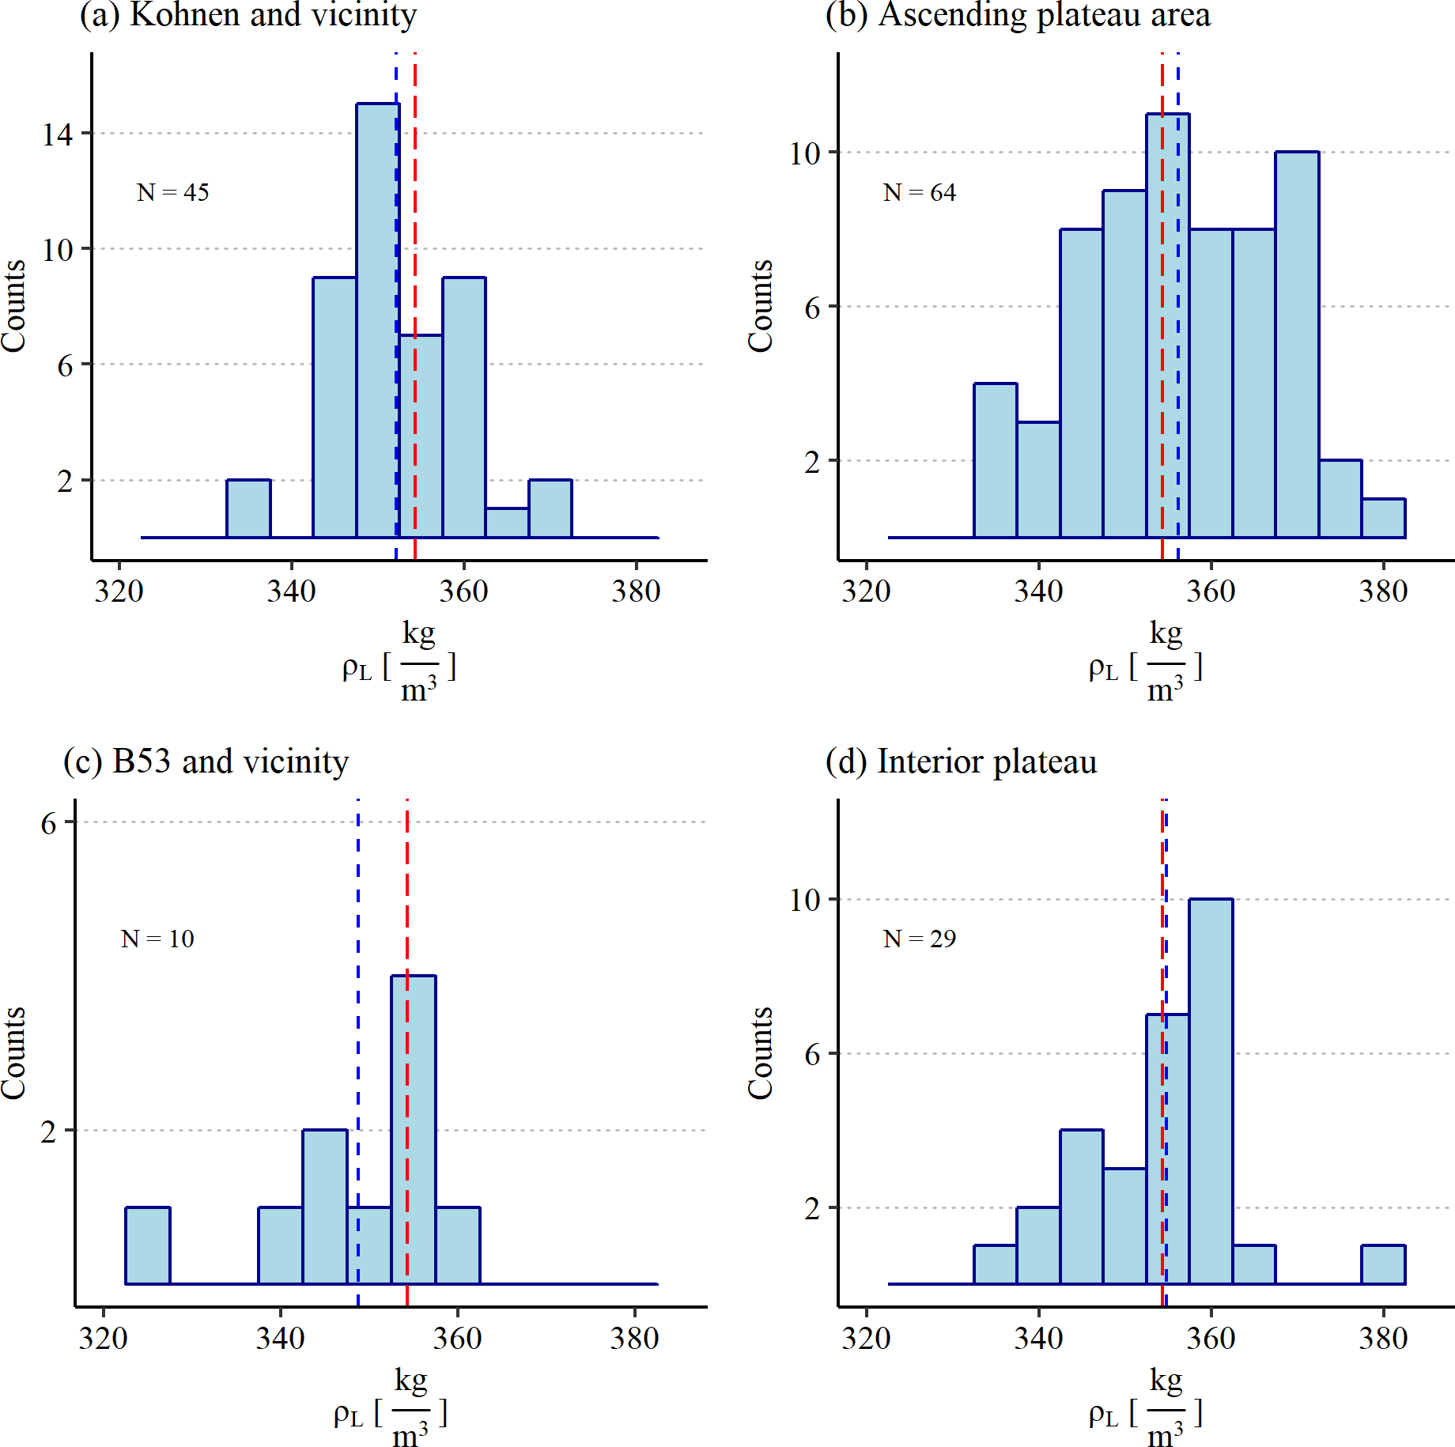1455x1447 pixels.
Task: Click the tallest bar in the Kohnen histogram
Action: point(376,316)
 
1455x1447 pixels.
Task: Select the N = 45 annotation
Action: point(172,192)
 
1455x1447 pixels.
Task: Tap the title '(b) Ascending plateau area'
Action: point(1018,14)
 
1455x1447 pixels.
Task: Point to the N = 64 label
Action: point(919,192)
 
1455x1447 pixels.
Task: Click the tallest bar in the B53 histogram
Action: point(413,1131)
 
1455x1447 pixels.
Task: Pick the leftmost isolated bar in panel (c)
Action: point(148,1245)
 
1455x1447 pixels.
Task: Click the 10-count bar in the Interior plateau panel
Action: point(1211,1091)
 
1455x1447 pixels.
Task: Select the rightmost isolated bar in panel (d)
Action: point(1383,1264)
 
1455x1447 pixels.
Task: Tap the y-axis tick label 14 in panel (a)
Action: point(57,134)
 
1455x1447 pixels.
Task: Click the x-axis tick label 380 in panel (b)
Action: point(1383,591)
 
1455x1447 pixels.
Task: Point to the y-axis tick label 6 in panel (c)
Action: point(49,823)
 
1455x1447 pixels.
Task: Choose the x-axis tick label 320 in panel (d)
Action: point(866,1339)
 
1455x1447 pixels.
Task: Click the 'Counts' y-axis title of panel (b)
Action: point(760,305)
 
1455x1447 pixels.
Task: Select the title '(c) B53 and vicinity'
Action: point(206,761)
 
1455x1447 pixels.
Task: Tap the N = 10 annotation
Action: point(157,939)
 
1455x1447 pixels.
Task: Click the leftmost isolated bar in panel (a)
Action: point(248,508)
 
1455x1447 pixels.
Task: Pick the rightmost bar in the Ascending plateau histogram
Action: point(1383,518)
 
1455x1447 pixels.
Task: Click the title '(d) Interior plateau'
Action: point(961,761)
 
